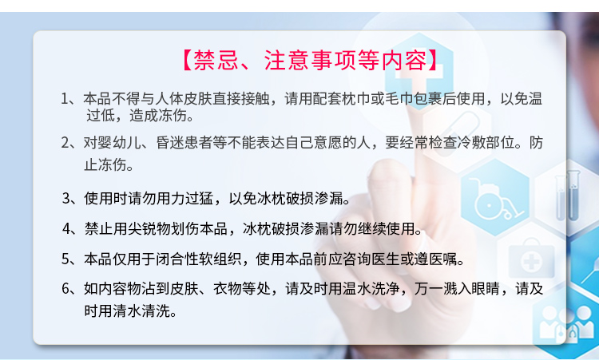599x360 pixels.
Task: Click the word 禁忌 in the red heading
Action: tap(216, 60)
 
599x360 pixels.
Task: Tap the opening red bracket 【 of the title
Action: tap(186, 60)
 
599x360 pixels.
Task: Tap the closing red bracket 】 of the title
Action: tap(433, 60)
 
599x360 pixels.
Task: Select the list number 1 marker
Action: tap(65, 99)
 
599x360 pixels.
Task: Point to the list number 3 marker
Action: tap(66, 199)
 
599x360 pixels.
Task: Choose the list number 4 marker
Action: tap(66, 228)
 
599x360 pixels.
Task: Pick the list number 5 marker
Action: tap(65, 259)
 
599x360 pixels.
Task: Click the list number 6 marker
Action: tap(65, 289)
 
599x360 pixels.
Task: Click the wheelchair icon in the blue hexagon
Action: tap(494, 199)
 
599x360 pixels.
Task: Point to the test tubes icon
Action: tap(568, 196)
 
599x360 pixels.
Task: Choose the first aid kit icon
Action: tap(531, 259)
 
